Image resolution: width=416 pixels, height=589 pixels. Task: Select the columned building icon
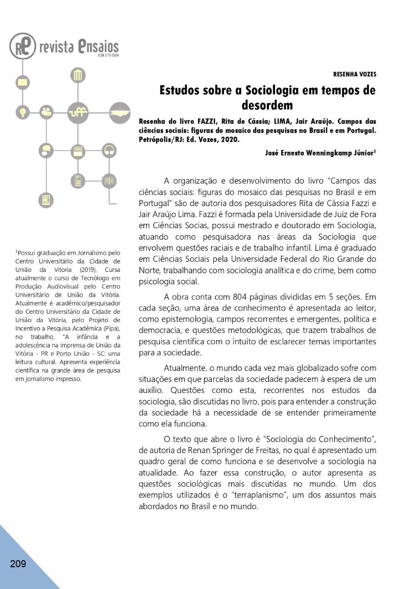[78, 75]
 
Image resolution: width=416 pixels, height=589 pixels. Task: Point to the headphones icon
[109, 150]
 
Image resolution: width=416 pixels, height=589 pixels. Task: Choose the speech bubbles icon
[46, 150]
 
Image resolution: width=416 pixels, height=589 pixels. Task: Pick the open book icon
[109, 181]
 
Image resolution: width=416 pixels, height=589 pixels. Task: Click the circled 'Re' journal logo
[23, 46]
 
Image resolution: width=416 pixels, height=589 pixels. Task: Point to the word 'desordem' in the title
[267, 105]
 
